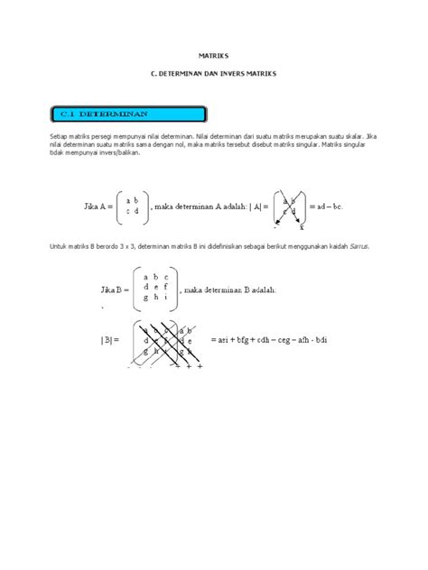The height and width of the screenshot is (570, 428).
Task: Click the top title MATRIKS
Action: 213,55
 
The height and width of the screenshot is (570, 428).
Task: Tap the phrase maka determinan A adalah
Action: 201,206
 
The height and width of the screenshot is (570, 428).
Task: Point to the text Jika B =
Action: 111,290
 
